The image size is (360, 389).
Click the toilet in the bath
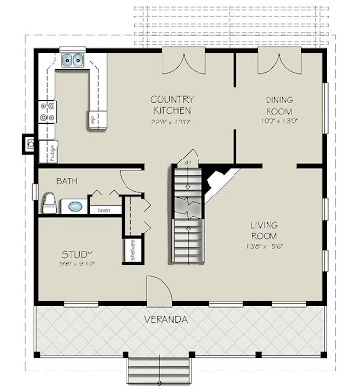point(48,202)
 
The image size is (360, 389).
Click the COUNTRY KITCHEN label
point(171,105)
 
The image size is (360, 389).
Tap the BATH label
point(67,182)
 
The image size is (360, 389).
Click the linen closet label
point(103,208)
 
